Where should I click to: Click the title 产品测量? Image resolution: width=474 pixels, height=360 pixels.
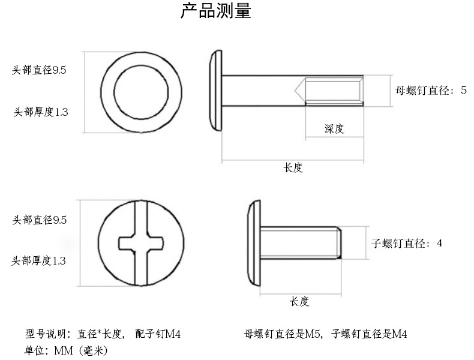pyautogui.click(x=216, y=11)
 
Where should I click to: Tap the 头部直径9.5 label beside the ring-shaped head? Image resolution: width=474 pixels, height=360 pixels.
pyautogui.click(x=40, y=70)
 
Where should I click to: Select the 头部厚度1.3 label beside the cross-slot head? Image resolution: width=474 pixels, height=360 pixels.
pyautogui.click(x=40, y=261)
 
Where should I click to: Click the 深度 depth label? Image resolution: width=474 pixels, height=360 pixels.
pyautogui.click(x=334, y=128)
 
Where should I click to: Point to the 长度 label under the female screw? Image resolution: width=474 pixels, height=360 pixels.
pyautogui.click(x=293, y=168)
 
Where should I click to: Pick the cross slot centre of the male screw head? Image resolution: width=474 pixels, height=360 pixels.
pyautogui.click(x=140, y=244)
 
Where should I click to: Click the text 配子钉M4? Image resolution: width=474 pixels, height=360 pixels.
pyautogui.click(x=158, y=334)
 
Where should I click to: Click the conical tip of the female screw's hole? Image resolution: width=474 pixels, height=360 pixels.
pyautogui.click(x=299, y=91)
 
